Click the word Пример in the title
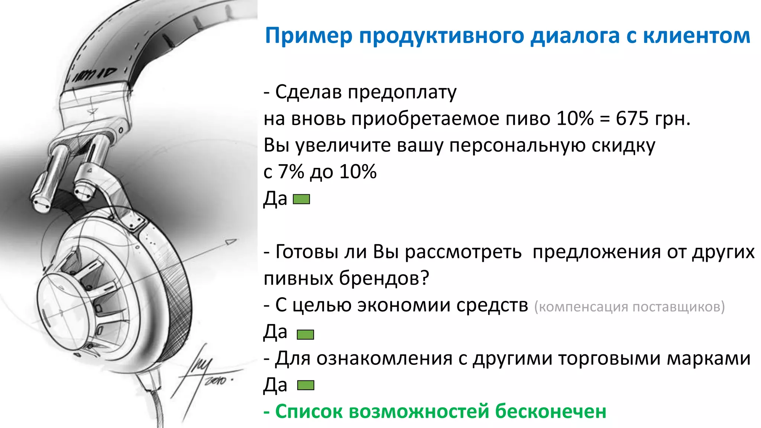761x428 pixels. [x=308, y=36]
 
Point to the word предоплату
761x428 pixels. [x=402, y=93]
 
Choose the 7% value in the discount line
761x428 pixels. [x=291, y=172]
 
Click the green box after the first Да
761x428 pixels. [x=301, y=200]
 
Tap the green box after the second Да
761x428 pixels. [x=305, y=334]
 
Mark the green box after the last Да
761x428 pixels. [x=305, y=385]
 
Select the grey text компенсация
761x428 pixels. [x=582, y=307]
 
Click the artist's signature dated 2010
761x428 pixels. [x=208, y=372]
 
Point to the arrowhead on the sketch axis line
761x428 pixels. [x=231, y=242]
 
